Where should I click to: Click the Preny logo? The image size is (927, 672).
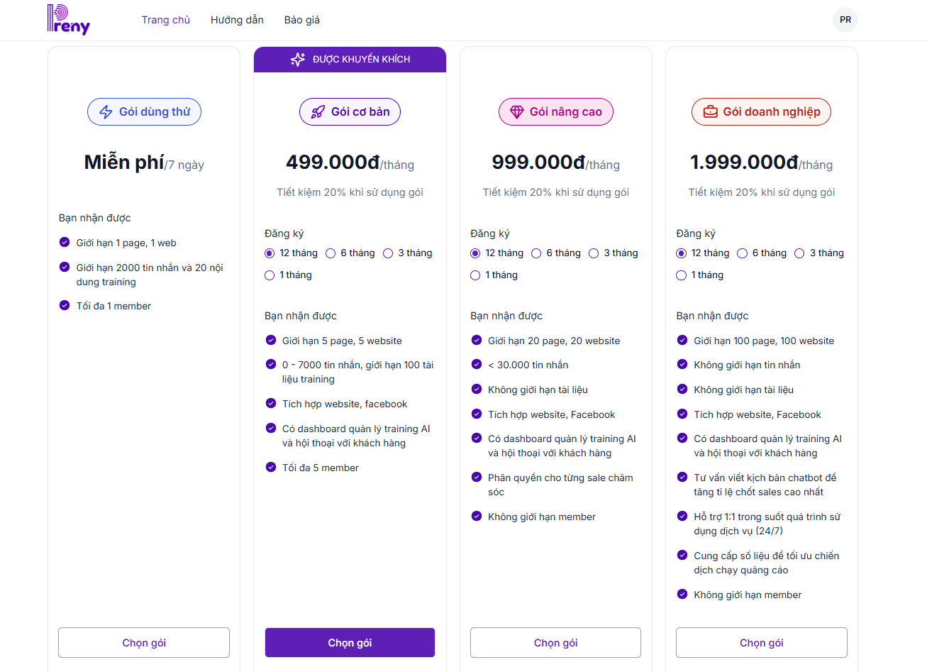pyautogui.click(x=69, y=20)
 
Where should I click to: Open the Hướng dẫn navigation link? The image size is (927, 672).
pyautogui.click(x=237, y=20)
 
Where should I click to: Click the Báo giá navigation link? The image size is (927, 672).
pyautogui.click(x=302, y=20)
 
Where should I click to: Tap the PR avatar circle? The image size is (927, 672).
pyautogui.click(x=845, y=20)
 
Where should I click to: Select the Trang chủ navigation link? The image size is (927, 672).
pyautogui.click(x=166, y=20)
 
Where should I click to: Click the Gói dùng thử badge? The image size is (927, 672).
pyautogui.click(x=144, y=112)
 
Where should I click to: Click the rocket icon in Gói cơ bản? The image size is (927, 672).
pyautogui.click(x=318, y=112)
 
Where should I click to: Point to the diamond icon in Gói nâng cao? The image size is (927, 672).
pyautogui.click(x=517, y=112)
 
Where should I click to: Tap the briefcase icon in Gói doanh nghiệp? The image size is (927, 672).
pyautogui.click(x=710, y=112)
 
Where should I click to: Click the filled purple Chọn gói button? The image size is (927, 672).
pyautogui.click(x=350, y=643)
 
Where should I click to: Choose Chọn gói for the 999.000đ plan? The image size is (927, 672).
pyautogui.click(x=555, y=643)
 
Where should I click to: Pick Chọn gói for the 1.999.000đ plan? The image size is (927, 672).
pyautogui.click(x=761, y=643)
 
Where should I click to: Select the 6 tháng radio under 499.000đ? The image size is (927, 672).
pyautogui.click(x=331, y=253)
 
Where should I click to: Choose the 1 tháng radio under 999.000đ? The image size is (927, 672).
pyautogui.click(x=475, y=275)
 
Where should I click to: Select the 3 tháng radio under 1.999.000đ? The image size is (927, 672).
pyautogui.click(x=799, y=253)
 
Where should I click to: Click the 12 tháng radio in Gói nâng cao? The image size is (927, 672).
pyautogui.click(x=475, y=253)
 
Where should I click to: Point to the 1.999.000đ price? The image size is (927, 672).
pyautogui.click(x=744, y=163)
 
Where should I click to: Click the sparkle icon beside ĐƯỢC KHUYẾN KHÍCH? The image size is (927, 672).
pyautogui.click(x=298, y=60)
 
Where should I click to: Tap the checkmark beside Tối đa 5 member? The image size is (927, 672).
pyautogui.click(x=270, y=468)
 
